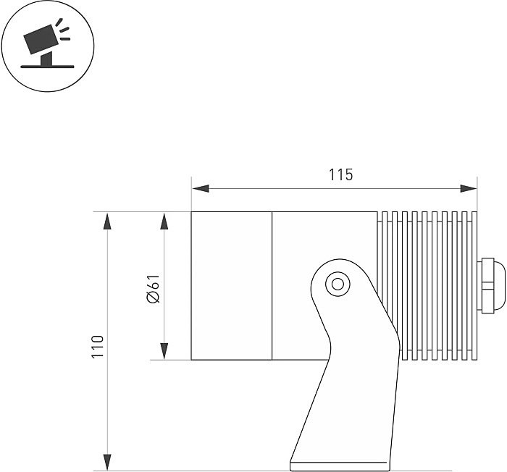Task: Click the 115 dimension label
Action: coord(341,174)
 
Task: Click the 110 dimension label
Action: coord(97,346)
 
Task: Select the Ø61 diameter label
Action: coord(154,289)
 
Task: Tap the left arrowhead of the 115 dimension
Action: coord(201,188)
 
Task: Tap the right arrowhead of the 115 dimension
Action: coord(469,188)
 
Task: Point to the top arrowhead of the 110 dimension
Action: coord(107,221)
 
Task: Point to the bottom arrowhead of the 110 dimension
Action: coord(107,463)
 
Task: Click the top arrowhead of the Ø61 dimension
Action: coord(164,221)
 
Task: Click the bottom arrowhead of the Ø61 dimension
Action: coord(164,351)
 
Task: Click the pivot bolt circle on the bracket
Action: coord(338,285)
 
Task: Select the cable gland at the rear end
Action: coord(491,285)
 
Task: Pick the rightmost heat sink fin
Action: coord(474,286)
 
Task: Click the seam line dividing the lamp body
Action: coord(272,286)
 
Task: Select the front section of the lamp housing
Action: coord(232,286)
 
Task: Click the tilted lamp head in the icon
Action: coord(41,39)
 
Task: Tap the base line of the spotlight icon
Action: coord(47,67)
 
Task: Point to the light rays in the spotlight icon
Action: coord(63,30)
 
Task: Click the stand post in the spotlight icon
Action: coord(46,59)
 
